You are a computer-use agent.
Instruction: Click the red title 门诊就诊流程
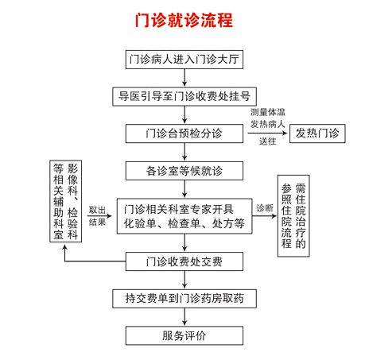(184, 20)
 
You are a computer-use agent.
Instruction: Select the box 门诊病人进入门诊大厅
(184, 60)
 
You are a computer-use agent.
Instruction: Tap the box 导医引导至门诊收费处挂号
(184, 96)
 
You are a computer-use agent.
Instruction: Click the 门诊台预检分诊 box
(184, 134)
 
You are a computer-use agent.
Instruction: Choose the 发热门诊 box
(317, 134)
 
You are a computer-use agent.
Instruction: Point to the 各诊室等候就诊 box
(184, 171)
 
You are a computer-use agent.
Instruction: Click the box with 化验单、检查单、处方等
(184, 216)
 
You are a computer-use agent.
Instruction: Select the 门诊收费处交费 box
(184, 261)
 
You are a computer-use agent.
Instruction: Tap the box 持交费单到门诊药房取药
(184, 299)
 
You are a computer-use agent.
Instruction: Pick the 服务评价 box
(184, 335)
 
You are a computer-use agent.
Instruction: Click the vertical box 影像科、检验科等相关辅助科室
(65, 201)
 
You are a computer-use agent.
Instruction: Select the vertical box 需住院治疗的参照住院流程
(293, 216)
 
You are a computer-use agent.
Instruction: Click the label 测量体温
(268, 112)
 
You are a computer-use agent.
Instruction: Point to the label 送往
(268, 141)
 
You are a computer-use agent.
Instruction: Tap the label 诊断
(265, 208)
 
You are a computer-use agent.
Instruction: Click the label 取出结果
(97, 216)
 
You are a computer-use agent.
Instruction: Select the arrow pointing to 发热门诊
(267, 133)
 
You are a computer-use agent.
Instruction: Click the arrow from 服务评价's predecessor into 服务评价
(184, 317)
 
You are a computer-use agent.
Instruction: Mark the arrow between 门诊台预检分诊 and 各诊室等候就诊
(184, 153)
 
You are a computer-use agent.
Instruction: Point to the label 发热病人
(268, 124)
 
